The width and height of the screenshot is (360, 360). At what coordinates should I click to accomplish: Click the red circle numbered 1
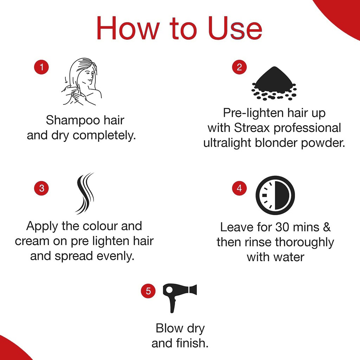(x=41, y=67)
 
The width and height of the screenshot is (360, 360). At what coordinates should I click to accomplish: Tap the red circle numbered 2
(x=239, y=67)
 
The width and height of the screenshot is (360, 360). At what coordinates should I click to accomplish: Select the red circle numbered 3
(x=41, y=188)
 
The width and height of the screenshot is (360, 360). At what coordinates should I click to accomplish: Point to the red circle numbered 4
(x=239, y=188)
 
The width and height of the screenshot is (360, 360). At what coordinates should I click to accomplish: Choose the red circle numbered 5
(x=148, y=291)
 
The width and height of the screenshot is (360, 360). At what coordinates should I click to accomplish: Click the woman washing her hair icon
(x=82, y=82)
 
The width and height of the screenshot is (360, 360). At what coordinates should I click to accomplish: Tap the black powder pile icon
(x=274, y=83)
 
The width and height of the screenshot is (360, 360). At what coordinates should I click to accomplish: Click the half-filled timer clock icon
(x=275, y=195)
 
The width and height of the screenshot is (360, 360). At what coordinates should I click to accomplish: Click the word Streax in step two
(x=253, y=128)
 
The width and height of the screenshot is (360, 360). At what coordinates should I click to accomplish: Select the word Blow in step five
(x=169, y=328)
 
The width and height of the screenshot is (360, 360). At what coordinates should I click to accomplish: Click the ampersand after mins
(x=327, y=227)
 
